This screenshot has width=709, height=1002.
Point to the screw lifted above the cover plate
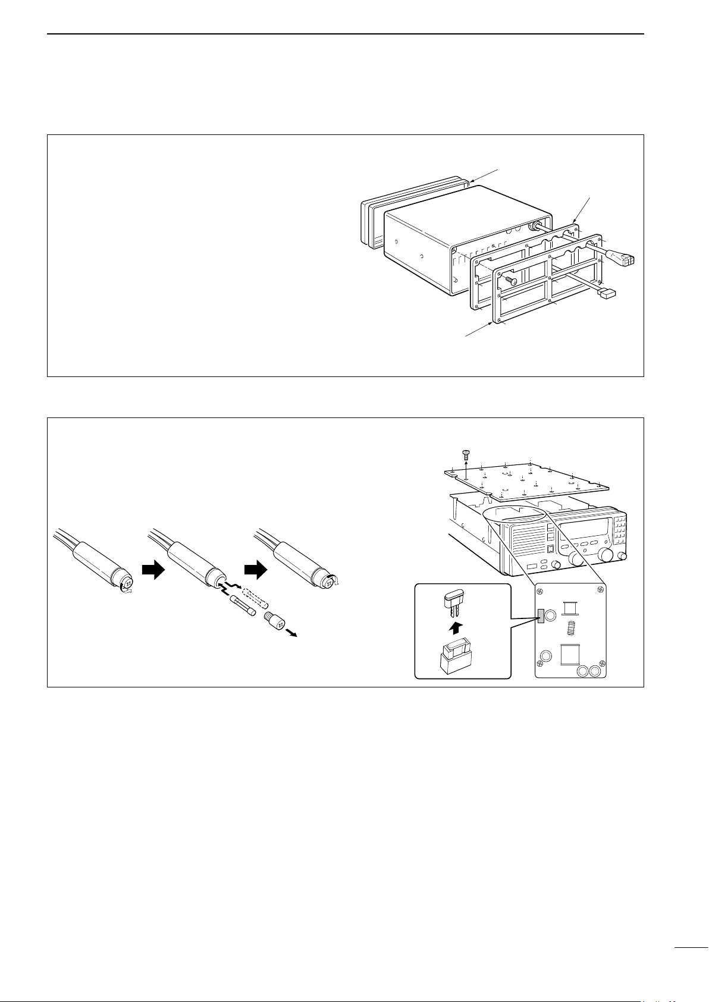(466, 455)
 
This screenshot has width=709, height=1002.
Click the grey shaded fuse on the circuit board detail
(540, 617)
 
